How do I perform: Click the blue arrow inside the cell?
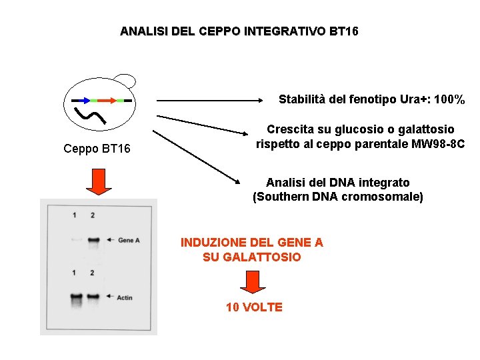(82, 100)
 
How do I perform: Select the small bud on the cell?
(124, 80)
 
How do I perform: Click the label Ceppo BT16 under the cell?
(97, 148)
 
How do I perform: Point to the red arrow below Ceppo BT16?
(98, 181)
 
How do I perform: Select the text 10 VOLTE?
(254, 307)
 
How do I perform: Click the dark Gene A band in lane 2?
(93, 239)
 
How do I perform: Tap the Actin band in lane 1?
(75, 297)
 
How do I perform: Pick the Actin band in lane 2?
(93, 297)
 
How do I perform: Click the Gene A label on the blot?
(128, 240)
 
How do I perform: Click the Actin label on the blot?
(125, 297)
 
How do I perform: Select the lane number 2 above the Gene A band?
(93, 215)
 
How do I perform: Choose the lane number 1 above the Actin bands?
(75, 273)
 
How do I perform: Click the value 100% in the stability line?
(449, 100)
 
